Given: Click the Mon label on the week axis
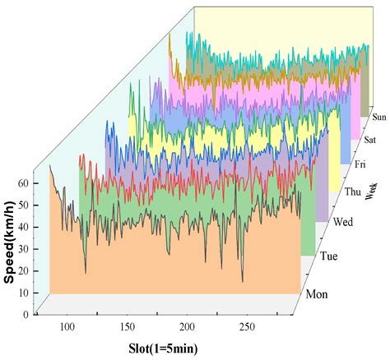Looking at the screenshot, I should coord(319,294).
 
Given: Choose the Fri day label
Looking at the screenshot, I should coord(360,165).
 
